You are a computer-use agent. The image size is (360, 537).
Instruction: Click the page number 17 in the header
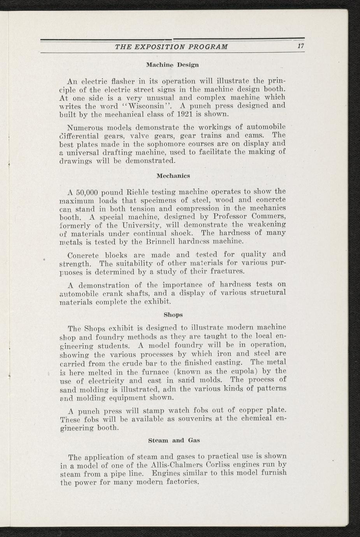[x=300, y=47]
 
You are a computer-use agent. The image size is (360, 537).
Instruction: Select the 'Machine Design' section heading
[x=172, y=64]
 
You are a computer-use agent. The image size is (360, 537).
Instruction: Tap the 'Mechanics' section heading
[x=173, y=176]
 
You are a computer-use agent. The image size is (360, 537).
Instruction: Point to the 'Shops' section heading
[x=173, y=314]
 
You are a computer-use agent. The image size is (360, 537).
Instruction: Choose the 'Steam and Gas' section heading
[x=174, y=440]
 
